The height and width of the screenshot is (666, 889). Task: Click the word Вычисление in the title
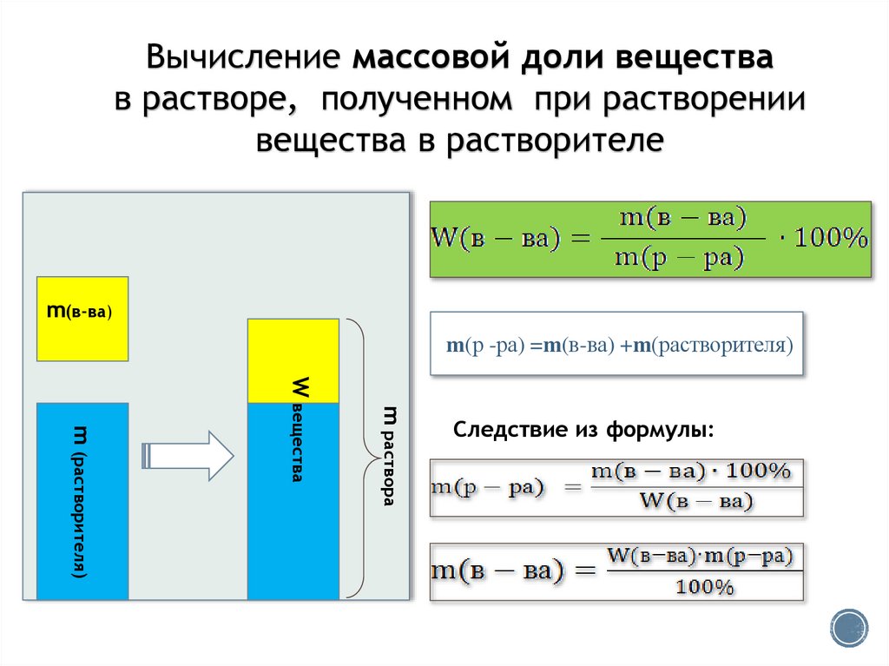(245, 59)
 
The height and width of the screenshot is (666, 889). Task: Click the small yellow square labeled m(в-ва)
(82, 318)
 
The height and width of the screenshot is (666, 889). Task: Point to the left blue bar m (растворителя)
(82, 501)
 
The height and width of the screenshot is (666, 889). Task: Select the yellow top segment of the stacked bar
(293, 360)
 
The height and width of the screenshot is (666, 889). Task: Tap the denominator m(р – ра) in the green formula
(679, 258)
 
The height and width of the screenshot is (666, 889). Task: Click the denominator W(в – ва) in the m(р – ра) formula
(689, 501)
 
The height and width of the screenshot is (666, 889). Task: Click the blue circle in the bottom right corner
(849, 627)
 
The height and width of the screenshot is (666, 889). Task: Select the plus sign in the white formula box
(624, 345)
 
